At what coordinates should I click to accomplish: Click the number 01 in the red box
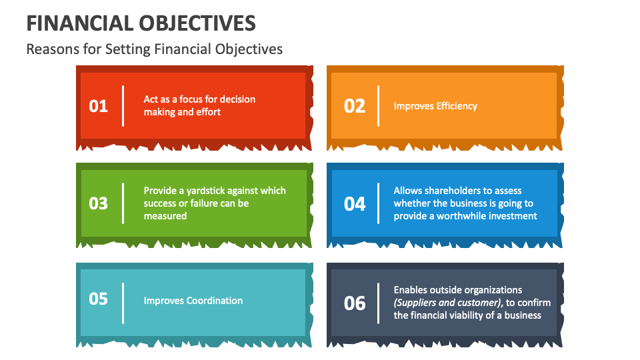point(98,106)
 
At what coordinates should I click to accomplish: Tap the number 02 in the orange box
point(355,106)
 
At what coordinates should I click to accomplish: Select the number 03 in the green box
point(98,203)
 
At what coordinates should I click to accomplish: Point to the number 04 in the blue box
point(355,203)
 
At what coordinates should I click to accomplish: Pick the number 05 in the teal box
point(98,299)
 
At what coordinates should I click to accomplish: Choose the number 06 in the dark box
point(355,303)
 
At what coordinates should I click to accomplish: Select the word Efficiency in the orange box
point(457,106)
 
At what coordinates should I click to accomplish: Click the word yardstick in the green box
point(203,191)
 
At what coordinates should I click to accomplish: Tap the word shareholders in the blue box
point(453,191)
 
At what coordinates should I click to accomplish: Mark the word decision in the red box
point(237,99)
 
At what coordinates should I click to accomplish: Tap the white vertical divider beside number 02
point(378,106)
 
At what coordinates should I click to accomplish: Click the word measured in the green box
point(165,216)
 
